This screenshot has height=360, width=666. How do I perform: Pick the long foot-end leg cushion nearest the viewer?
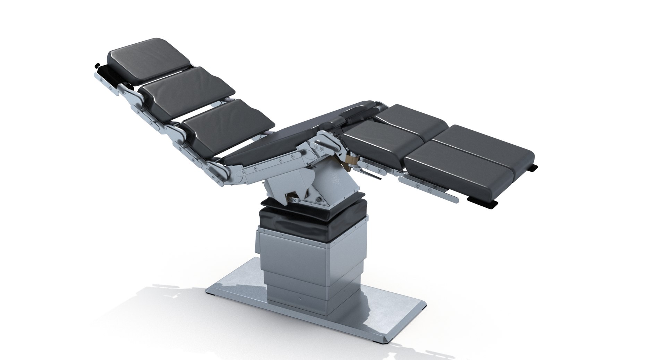click(468, 170)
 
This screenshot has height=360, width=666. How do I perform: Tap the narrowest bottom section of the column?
click(298, 298)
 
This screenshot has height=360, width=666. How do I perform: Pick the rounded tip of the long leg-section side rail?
click(455, 200)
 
